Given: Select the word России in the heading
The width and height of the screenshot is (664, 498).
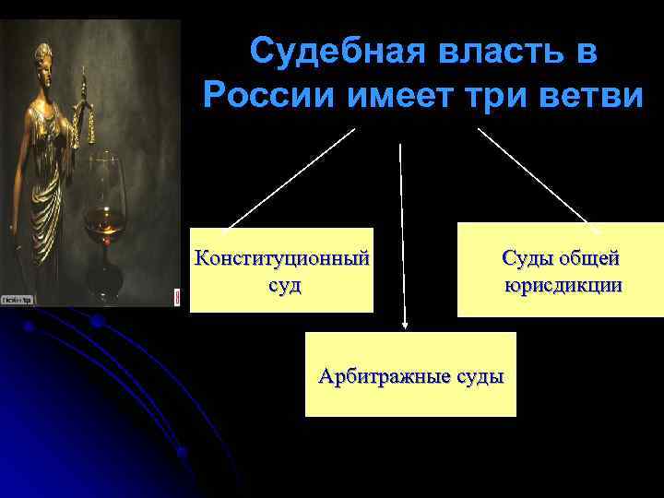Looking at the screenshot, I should pos(267,95).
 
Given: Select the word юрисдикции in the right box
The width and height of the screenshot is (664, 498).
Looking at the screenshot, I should pos(563,285).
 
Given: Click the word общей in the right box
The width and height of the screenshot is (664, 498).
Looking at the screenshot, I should pos(587,257).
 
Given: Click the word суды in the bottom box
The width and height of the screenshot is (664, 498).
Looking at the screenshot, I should pos(480,375).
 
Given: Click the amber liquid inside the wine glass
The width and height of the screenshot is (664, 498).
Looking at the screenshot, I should pos(104,220).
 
